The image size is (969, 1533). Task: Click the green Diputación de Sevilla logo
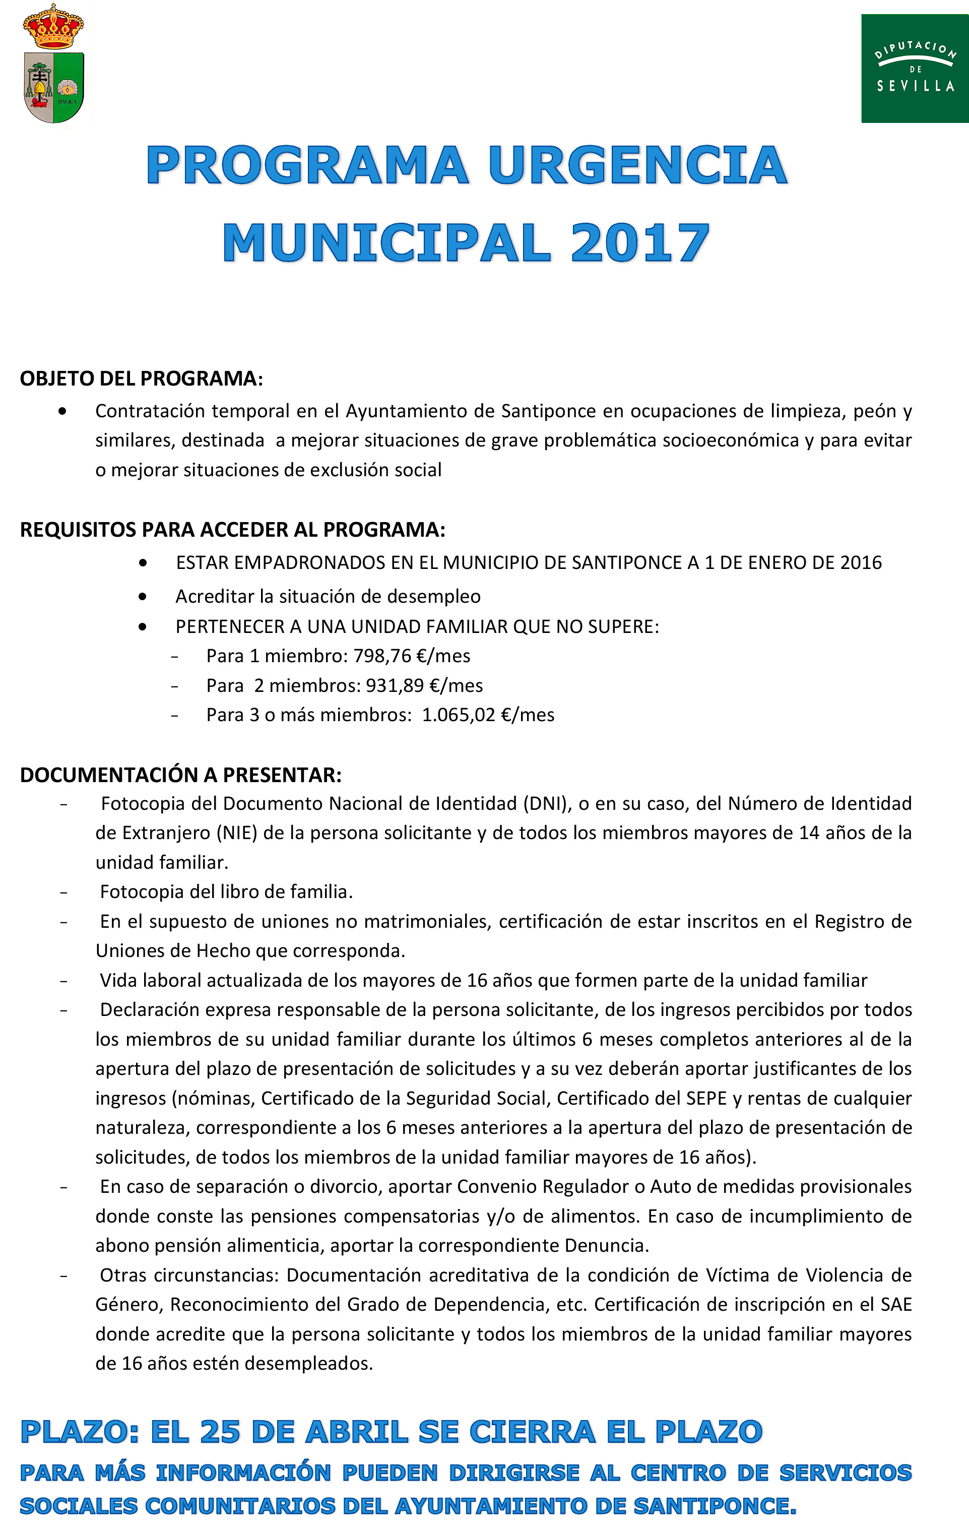(914, 68)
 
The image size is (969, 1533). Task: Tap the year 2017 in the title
(639, 243)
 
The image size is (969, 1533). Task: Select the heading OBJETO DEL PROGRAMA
(141, 379)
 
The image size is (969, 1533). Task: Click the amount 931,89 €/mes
(424, 686)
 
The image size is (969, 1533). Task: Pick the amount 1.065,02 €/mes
(488, 715)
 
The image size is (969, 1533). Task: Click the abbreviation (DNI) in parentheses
(546, 804)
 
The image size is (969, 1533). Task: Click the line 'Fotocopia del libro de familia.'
(226, 892)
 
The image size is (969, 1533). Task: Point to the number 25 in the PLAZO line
(220, 1432)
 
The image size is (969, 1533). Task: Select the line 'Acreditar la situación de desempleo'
(328, 597)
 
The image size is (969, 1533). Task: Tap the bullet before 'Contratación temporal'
(62, 411)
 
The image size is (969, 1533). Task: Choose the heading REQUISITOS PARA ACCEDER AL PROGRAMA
(232, 530)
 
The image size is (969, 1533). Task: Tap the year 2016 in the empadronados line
(861, 563)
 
